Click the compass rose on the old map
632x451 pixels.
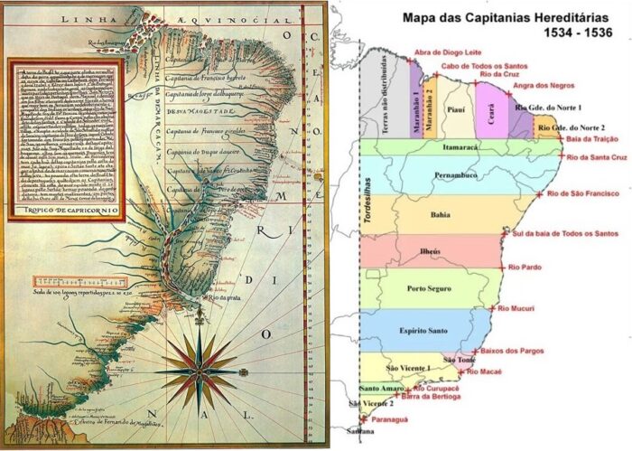click(197, 371)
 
